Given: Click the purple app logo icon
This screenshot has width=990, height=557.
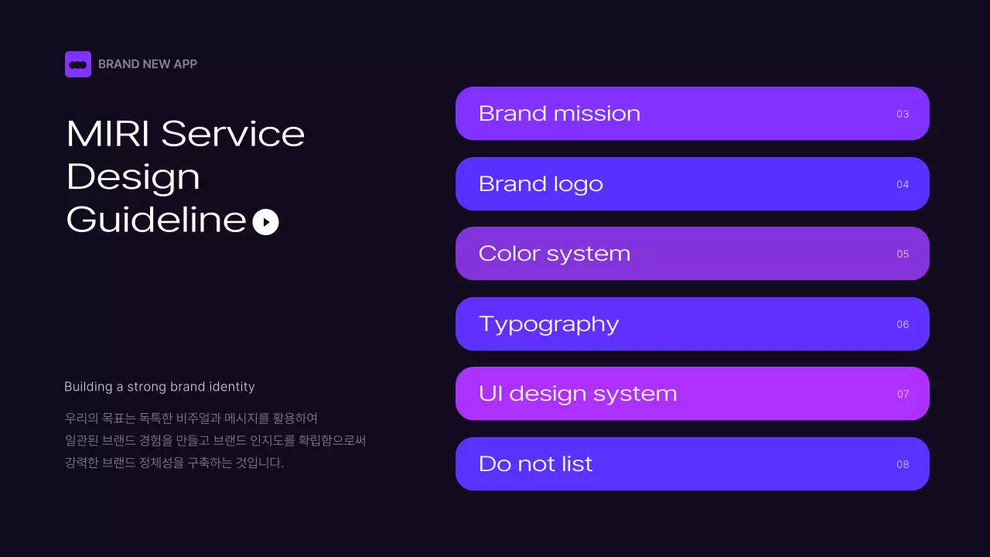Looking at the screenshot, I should [78, 64].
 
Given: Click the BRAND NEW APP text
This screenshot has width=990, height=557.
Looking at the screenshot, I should [148, 64].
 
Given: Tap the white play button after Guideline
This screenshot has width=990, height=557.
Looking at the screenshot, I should [265, 222].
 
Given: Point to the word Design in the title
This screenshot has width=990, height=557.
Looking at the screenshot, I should [133, 177].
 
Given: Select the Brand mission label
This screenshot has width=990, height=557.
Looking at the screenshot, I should [559, 114].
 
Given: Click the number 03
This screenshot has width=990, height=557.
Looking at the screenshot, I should [903, 114].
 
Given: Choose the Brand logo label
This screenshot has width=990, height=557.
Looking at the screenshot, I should [541, 184].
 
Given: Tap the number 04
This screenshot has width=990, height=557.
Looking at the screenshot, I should [903, 185].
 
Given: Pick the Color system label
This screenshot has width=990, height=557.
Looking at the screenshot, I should [554, 254].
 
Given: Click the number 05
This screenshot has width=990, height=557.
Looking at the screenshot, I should [903, 255].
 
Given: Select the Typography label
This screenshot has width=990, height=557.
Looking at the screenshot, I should [548, 324].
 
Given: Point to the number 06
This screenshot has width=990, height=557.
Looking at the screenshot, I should [903, 325].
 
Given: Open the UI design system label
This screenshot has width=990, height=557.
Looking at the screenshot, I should [578, 394].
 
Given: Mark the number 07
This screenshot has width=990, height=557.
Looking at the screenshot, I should [903, 395].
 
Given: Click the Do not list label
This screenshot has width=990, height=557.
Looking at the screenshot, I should [535, 464].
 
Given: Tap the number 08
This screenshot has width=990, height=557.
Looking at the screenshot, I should [903, 465].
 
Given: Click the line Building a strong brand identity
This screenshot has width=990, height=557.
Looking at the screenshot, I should [159, 387].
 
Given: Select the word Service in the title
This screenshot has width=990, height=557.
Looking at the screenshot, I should [233, 134].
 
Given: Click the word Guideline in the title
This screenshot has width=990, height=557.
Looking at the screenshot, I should [156, 220].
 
